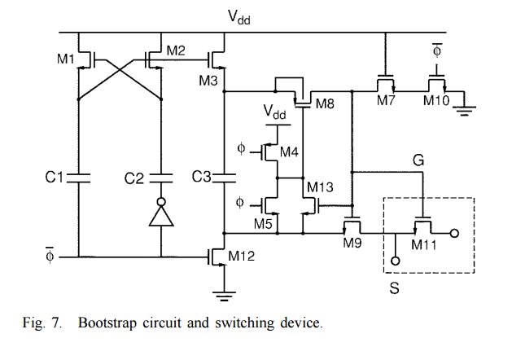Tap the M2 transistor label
tap(176, 50)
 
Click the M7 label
tap(385, 99)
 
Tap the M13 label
tap(321, 189)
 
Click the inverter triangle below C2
tap(162, 216)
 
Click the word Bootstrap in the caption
tap(109, 323)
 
